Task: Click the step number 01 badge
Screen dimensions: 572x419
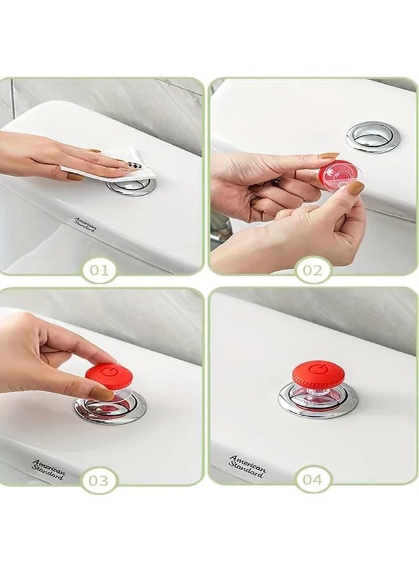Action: [99, 270]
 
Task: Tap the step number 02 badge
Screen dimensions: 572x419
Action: [312, 270]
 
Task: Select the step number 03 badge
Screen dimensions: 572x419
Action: [98, 480]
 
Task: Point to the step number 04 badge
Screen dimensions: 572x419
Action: [312, 480]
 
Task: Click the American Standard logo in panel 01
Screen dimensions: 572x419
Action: [86, 224]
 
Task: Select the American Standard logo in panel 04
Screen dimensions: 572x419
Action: [248, 466]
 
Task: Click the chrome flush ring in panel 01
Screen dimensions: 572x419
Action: [132, 186]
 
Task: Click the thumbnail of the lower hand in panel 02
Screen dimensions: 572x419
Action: [356, 188]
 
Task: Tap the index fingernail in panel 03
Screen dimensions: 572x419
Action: [101, 393]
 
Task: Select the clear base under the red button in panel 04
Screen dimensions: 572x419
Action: [316, 394]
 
